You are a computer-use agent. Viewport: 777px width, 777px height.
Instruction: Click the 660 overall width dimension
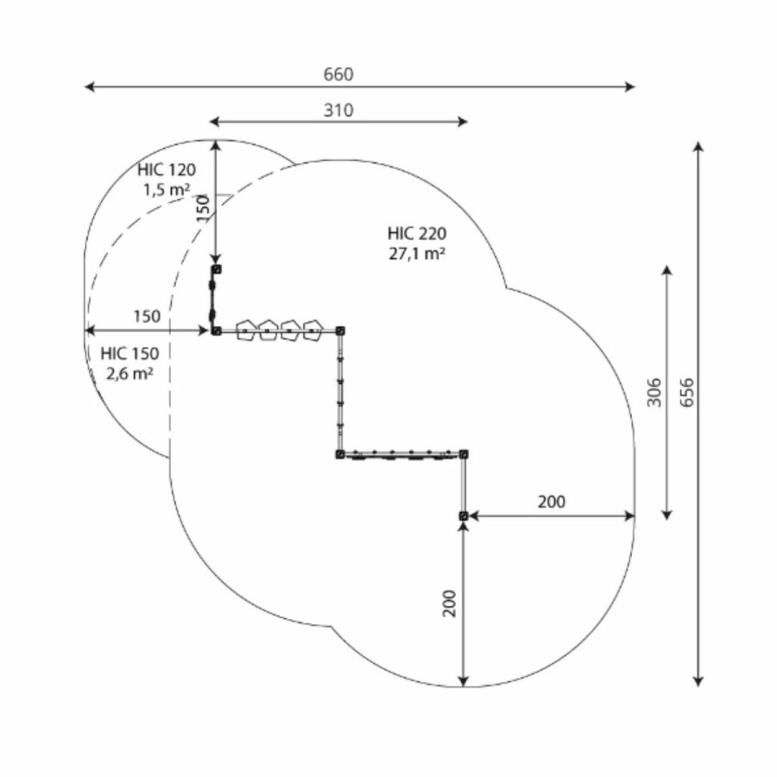tap(338, 75)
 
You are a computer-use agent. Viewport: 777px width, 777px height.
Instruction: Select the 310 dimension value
tap(338, 110)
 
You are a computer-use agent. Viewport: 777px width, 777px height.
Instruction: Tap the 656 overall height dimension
tap(687, 393)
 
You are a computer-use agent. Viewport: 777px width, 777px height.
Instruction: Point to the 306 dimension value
tap(654, 393)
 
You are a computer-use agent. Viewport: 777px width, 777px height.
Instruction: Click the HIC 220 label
tap(417, 233)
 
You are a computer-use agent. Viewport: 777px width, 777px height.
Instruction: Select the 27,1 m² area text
tap(417, 254)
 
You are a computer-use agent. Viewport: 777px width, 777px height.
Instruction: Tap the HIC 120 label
tap(167, 170)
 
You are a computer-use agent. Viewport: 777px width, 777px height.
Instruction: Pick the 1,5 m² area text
tap(167, 189)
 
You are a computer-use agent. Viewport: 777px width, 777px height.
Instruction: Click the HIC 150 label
tap(129, 354)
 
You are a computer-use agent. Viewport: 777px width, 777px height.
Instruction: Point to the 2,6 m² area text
tap(129, 373)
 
